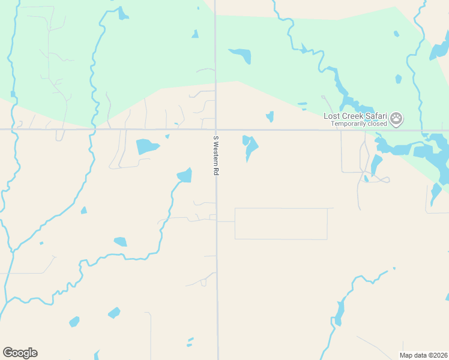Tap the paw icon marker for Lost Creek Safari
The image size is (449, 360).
(396, 118)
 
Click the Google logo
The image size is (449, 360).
(20, 353)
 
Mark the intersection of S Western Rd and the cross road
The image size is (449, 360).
(216, 129)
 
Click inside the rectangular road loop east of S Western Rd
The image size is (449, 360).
(281, 224)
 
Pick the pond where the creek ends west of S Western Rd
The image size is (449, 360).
(185, 175)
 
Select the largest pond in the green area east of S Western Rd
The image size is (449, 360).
(241, 55)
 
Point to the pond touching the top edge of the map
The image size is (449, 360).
(123, 13)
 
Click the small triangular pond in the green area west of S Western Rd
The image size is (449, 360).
(195, 34)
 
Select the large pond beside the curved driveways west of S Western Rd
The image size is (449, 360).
(147, 146)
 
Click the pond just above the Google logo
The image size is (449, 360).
(74, 322)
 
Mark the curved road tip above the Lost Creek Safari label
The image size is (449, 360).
(323, 96)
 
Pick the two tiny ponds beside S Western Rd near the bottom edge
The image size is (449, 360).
(190, 342)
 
